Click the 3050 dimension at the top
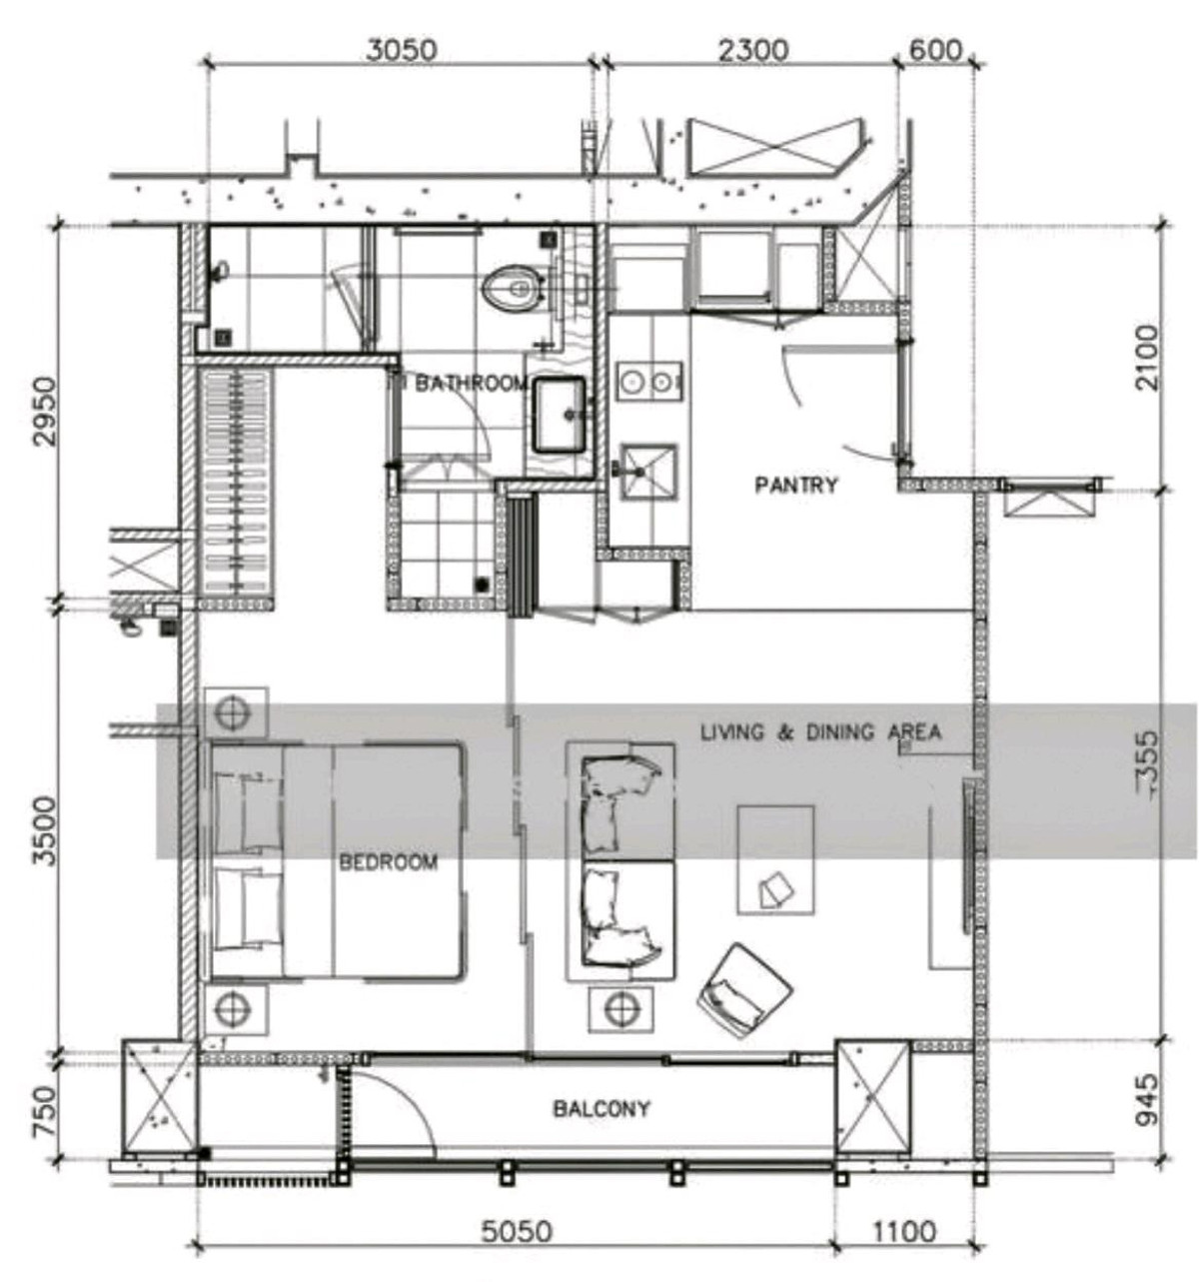(401, 50)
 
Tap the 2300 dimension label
(752, 50)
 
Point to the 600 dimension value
(935, 50)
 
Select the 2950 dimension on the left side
(46, 412)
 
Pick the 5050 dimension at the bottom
(518, 1232)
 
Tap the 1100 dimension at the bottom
(904, 1232)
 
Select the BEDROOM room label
(388, 862)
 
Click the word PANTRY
(795, 485)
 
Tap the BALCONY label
(601, 1109)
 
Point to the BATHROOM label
(471, 384)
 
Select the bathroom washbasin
(560, 414)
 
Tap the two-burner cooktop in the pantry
(648, 382)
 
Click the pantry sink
(648, 473)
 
